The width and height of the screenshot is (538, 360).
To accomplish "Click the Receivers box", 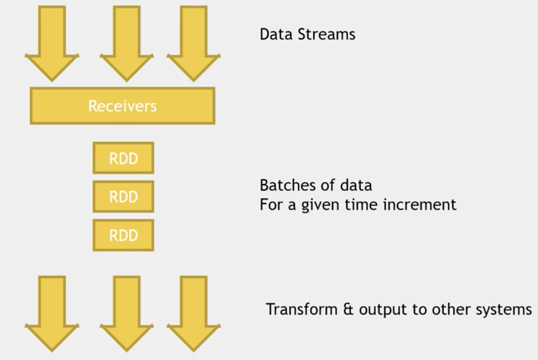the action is [x=122, y=106].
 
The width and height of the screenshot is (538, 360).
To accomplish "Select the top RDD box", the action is [x=123, y=158].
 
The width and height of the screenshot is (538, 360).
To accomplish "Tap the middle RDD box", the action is [x=123, y=196].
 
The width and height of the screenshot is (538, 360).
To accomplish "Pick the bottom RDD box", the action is [x=123, y=235].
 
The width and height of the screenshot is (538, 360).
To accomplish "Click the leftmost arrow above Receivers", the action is [x=52, y=43].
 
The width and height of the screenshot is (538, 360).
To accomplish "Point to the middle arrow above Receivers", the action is [x=127, y=43].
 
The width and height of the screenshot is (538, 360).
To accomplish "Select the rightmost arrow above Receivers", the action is [x=194, y=43].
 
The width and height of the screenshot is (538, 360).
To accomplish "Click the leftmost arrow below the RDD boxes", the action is [x=52, y=314].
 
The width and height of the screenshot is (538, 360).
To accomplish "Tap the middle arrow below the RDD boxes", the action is [x=127, y=314].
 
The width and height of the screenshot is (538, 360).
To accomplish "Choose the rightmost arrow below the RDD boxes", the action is [x=194, y=314].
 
